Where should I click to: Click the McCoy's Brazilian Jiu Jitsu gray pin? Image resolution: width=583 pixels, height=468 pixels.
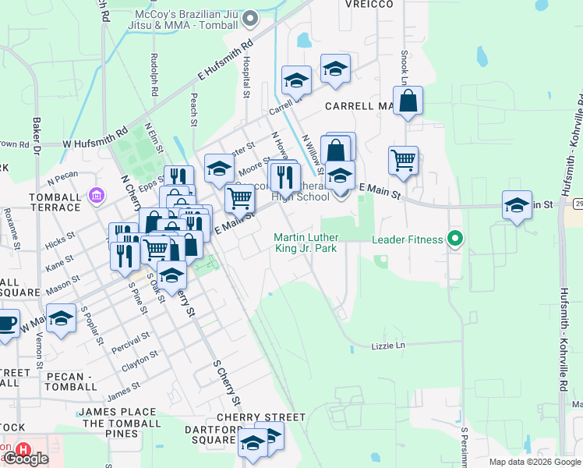[x=250, y=17]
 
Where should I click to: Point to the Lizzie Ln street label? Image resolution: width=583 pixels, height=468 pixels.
[x=389, y=345]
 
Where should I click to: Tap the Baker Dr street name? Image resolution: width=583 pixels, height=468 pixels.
[x=36, y=133]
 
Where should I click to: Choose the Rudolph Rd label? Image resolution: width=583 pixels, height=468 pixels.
[x=154, y=76]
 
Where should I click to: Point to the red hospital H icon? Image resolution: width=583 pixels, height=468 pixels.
[x=23, y=450]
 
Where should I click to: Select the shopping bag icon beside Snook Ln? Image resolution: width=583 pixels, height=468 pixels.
[x=408, y=101]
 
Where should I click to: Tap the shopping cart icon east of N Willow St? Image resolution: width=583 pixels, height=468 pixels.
[x=403, y=161]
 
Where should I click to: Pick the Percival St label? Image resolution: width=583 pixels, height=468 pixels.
[x=130, y=342]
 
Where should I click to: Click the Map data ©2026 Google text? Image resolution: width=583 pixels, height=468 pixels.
[x=535, y=462]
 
